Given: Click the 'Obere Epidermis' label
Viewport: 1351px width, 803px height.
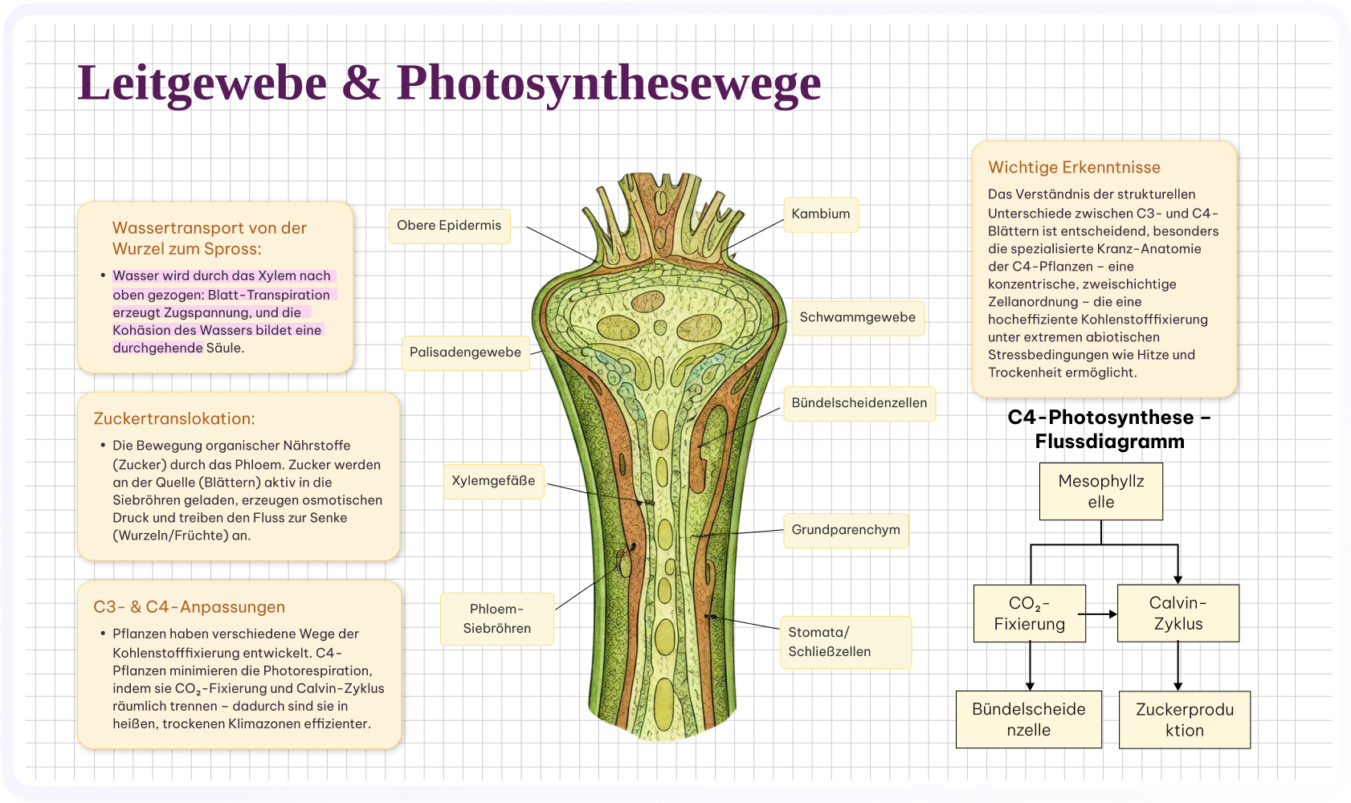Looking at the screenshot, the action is (x=449, y=226).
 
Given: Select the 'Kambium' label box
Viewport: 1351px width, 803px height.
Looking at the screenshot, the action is (x=821, y=214).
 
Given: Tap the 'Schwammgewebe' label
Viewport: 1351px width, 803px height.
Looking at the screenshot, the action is (x=858, y=318).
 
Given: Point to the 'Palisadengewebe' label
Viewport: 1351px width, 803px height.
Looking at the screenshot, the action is (x=466, y=353).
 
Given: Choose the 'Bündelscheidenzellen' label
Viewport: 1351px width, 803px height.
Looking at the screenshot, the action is (x=859, y=403).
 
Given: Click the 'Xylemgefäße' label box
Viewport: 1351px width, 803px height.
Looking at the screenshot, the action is (x=493, y=481).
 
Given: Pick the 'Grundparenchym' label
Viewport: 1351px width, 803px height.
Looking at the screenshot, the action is (x=846, y=531).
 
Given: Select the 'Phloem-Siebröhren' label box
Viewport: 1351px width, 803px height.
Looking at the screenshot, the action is (x=497, y=618).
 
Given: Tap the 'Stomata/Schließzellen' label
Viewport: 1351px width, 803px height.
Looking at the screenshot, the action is (x=846, y=642).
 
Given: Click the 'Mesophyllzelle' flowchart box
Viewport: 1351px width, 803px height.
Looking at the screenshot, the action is (x=1100, y=491).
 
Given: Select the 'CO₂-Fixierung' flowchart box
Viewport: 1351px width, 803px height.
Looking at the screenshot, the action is (x=1030, y=613).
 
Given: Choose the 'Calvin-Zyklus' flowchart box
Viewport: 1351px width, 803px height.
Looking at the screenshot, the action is (x=1178, y=613).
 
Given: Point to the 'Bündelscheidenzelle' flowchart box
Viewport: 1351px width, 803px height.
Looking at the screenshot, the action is (x=1029, y=719).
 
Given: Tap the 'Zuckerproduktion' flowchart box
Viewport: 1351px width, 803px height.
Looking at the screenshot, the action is (x=1185, y=719).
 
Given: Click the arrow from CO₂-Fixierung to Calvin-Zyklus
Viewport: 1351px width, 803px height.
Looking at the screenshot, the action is (x=1098, y=614).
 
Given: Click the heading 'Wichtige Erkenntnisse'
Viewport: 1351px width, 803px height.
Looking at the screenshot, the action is (x=1074, y=167).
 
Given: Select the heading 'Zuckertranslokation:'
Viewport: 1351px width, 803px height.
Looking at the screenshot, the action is (x=174, y=418).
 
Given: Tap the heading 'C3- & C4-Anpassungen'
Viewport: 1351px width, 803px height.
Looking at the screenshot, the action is (x=190, y=606).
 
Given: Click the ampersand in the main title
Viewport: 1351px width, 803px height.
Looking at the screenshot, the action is (x=361, y=83).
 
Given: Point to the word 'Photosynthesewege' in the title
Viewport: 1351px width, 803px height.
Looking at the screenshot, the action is (x=609, y=84).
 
